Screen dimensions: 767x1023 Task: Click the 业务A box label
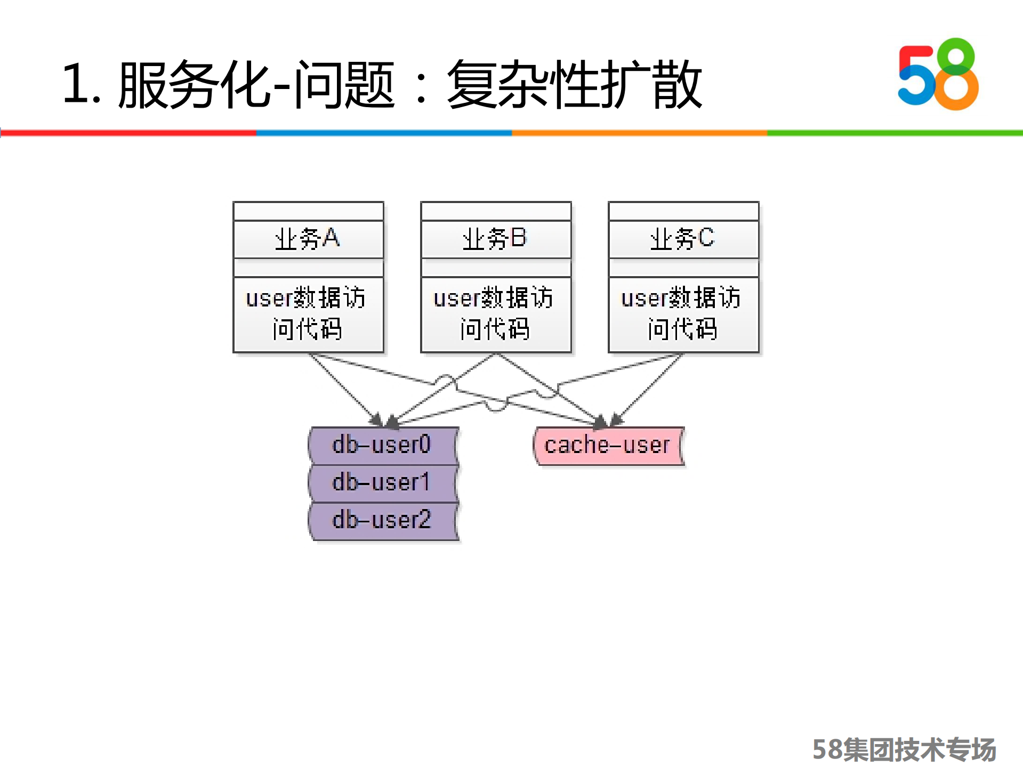pyautogui.click(x=308, y=239)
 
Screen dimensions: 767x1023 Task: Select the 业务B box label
pyautogui.click(x=496, y=239)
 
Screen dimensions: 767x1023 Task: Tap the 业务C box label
pyautogui.click(x=683, y=239)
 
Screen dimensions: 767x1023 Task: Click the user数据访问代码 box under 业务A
pyautogui.click(x=308, y=314)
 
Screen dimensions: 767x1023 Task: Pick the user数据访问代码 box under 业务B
pyautogui.click(x=496, y=314)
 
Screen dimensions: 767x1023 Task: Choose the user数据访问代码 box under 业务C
pyautogui.click(x=683, y=314)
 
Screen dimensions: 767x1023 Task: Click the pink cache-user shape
pyautogui.click(x=608, y=446)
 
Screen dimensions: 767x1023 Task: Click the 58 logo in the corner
pyautogui.click(x=938, y=75)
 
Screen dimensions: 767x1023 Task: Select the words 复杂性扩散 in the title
pyautogui.click(x=575, y=84)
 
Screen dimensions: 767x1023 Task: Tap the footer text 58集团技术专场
pyautogui.click(x=904, y=749)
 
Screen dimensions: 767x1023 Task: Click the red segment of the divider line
pyautogui.click(x=128, y=132)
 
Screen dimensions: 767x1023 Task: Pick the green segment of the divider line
pyautogui.click(x=895, y=132)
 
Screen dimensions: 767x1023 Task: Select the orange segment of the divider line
pyautogui.click(x=640, y=132)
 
